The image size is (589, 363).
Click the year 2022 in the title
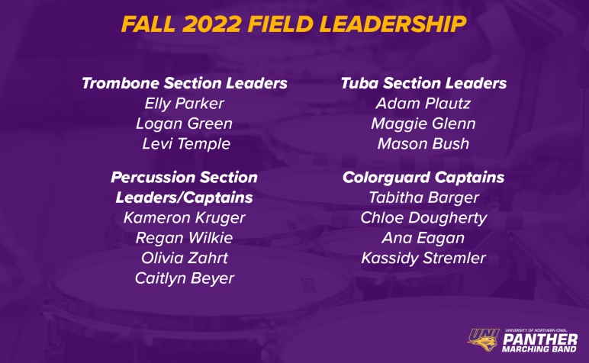[212, 24]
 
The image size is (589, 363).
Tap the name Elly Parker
[184, 104]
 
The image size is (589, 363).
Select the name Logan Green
[184, 124]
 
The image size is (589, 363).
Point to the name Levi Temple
[186, 144]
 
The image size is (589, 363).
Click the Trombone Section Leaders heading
[185, 83]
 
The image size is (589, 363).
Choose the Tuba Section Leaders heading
[423, 83]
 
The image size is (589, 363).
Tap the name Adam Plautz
[423, 104]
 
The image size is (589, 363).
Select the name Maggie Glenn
[423, 124]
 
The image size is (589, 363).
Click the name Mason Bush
[423, 144]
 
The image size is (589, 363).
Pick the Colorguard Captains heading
[423, 178]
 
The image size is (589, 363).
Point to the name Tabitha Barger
[423, 198]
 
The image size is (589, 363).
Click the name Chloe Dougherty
[423, 218]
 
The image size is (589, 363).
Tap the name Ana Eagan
[423, 239]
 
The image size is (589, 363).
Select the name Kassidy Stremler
[423, 259]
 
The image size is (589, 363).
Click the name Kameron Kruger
[184, 218]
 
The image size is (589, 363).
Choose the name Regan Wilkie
[184, 239]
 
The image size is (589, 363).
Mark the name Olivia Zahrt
[185, 259]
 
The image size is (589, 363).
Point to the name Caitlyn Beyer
[185, 278]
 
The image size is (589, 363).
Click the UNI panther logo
[484, 339]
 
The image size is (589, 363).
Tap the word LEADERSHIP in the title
[393, 24]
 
